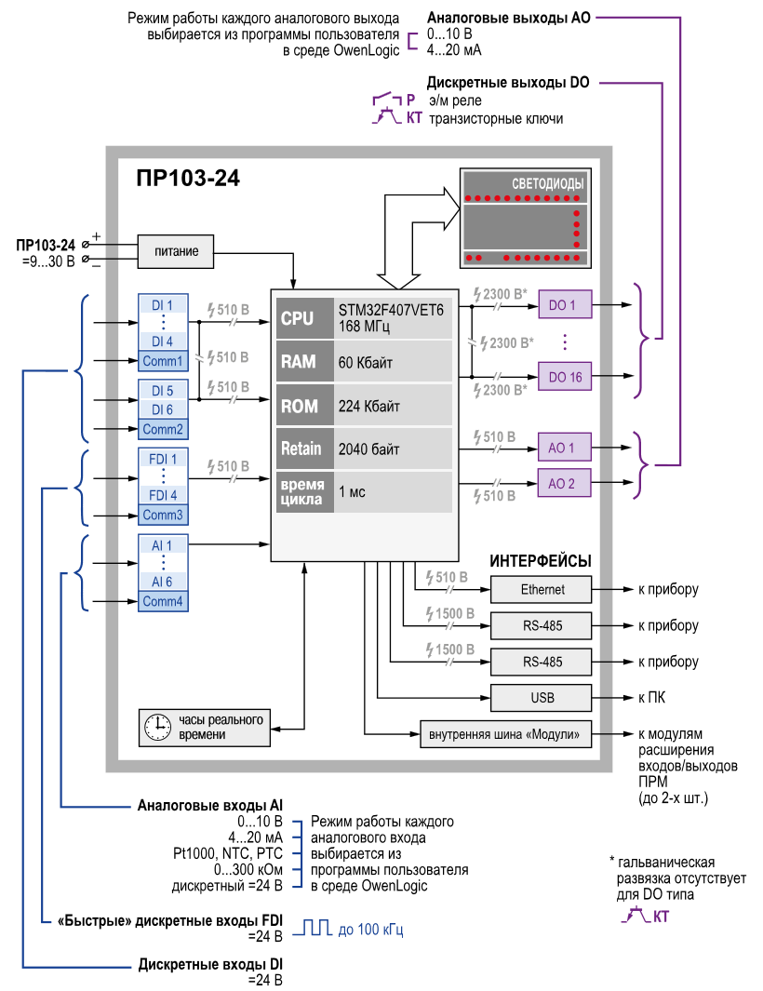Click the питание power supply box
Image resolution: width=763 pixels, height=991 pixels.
176,251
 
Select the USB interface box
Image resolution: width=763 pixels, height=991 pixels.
542,698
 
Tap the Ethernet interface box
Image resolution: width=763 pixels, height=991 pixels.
542,590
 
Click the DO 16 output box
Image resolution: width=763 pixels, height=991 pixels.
565,377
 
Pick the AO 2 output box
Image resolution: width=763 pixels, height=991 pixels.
565,484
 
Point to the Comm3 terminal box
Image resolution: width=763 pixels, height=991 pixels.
163,516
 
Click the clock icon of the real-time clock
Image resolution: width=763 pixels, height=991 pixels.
157,728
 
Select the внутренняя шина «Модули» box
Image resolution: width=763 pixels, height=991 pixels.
505,734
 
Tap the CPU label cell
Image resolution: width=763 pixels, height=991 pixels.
304,318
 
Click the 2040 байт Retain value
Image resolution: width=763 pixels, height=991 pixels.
369,449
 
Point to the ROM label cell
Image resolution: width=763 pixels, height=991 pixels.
304,405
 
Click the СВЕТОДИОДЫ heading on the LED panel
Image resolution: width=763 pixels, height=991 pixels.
547,183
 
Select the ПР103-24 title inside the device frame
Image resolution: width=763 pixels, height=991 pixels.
188,179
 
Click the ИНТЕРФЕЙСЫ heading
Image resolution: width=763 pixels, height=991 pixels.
541,560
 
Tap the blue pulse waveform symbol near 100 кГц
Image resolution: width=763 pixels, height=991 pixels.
313,928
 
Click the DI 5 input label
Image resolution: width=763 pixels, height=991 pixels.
163,391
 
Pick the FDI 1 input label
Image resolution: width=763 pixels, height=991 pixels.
163,459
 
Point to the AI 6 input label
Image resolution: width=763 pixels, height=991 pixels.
162,582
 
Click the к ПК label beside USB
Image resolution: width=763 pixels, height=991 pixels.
651,698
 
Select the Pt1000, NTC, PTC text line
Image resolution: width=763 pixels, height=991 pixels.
228,854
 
